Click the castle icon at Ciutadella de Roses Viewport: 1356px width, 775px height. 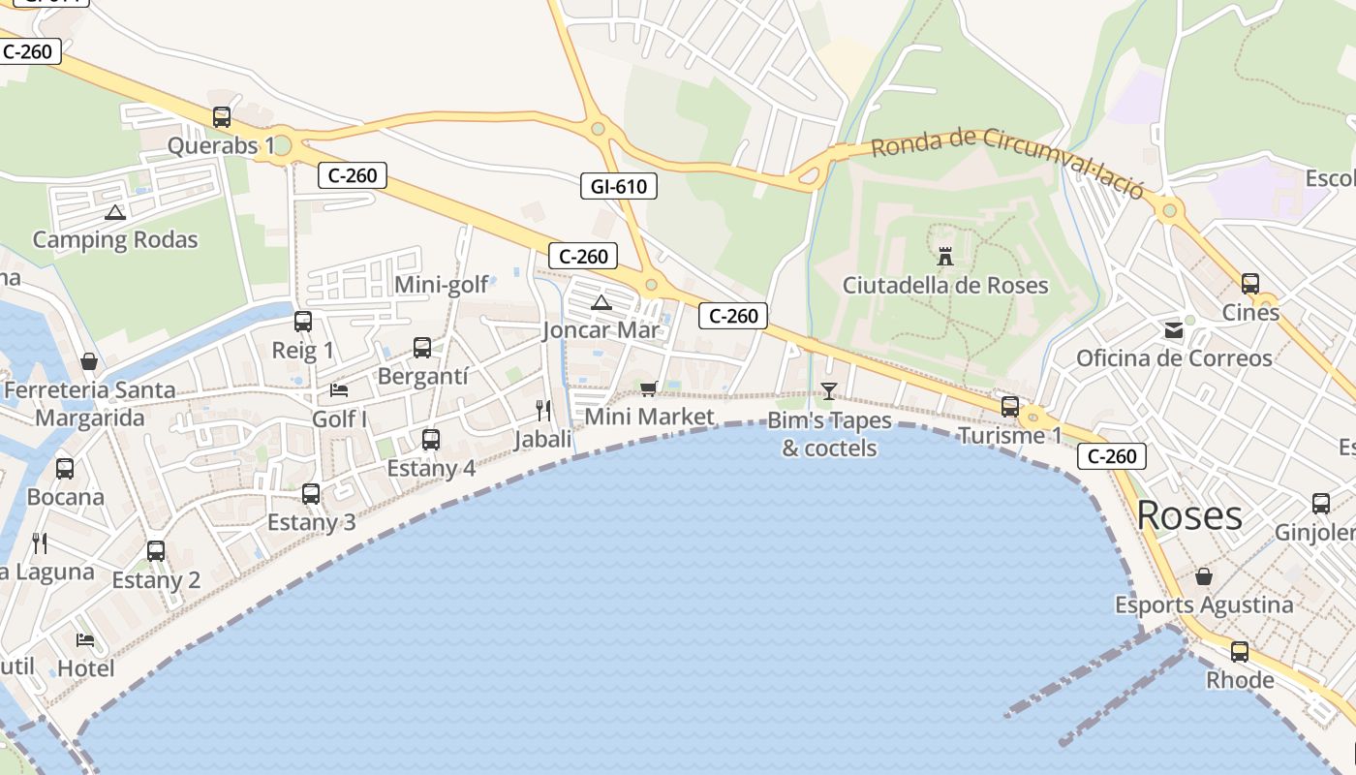tap(945, 257)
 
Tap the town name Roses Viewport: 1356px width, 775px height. tap(1189, 515)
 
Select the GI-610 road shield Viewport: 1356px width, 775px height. tap(619, 186)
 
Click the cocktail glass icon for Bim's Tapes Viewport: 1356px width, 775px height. tap(828, 390)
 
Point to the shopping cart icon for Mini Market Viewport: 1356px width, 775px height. tap(649, 388)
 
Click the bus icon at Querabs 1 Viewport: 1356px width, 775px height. tap(222, 117)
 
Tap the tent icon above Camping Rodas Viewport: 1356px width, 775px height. tap(115, 212)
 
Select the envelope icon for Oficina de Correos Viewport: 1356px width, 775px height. tap(1174, 330)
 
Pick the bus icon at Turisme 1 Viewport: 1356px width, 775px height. tap(1010, 407)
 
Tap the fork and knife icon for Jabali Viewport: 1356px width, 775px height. tap(543, 411)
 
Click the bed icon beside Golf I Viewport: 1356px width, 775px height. tap(339, 389)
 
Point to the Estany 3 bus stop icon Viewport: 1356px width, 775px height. tap(311, 494)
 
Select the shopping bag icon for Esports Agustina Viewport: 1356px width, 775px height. tap(1203, 576)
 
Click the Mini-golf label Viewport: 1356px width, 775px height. tap(440, 285)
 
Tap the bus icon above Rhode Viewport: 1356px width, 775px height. tap(1240, 652)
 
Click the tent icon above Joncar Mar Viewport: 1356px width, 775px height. tap(601, 303)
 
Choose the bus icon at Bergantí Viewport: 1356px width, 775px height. tap(422, 348)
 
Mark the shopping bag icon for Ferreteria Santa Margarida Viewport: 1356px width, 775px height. tap(89, 361)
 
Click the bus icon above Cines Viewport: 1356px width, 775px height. tap(1250, 284)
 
